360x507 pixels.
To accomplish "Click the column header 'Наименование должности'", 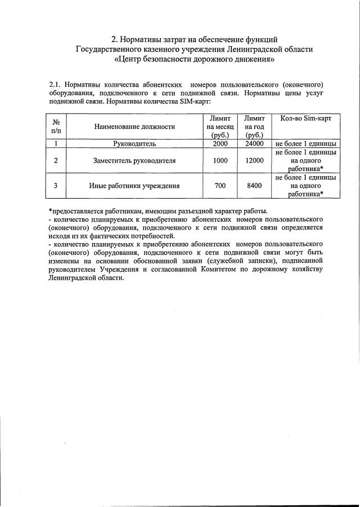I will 134,127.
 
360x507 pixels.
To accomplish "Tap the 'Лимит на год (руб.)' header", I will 254,127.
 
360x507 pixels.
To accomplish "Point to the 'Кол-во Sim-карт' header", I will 306,119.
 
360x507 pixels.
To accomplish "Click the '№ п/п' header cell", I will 56,127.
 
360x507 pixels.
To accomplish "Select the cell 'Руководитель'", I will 134,144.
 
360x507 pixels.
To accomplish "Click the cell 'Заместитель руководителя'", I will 134,161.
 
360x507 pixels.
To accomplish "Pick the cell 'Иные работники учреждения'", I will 134,186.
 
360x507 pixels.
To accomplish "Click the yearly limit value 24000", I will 254,144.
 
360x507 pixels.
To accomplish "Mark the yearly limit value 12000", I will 254,161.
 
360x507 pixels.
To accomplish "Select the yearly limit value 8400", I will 254,186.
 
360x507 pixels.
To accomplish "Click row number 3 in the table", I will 56,186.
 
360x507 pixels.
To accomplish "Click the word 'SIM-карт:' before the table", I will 195,102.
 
